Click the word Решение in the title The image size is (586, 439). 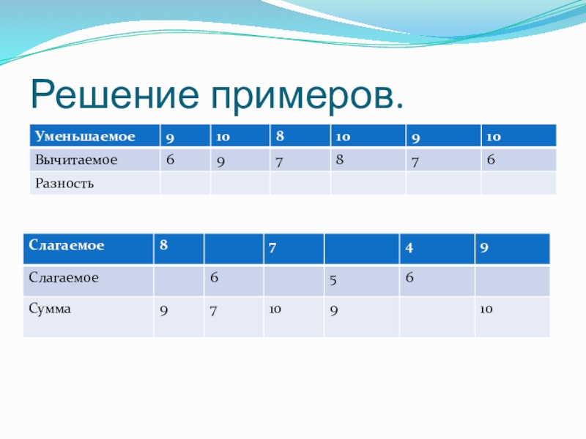click(x=115, y=95)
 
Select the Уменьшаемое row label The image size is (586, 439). click(x=85, y=136)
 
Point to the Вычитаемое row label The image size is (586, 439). click(x=76, y=160)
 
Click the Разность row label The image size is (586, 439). click(x=64, y=184)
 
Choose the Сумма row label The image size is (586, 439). click(x=50, y=309)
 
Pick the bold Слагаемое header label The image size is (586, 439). click(x=66, y=245)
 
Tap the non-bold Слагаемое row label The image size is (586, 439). click(x=64, y=278)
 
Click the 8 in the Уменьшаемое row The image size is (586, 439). click(x=280, y=136)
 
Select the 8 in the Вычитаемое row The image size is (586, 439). click(x=339, y=160)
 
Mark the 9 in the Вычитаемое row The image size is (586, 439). click(x=220, y=162)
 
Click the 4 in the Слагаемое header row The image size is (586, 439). click(x=409, y=248)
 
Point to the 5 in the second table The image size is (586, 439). click(x=333, y=280)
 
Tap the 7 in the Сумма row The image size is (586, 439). click(x=213, y=311)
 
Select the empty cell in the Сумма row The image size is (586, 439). click(x=437, y=317)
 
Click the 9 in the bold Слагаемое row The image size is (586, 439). click(x=484, y=248)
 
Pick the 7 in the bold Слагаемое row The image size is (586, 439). click(x=272, y=248)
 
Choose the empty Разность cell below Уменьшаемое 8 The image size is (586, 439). click(x=300, y=184)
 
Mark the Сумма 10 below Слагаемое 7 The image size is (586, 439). click(x=275, y=309)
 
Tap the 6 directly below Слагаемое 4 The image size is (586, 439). click(x=409, y=277)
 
